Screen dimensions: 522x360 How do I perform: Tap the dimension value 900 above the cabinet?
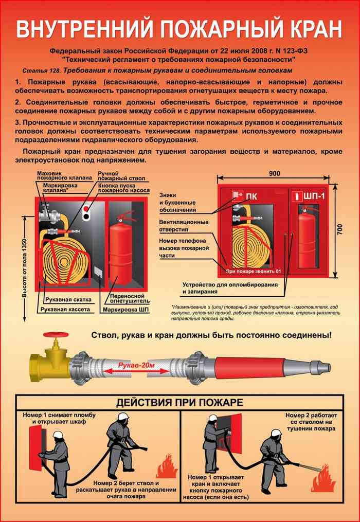[x=274, y=173]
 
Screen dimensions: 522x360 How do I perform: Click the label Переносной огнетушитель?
[x=128, y=299]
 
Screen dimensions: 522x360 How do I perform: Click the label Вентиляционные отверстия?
[x=184, y=226]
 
